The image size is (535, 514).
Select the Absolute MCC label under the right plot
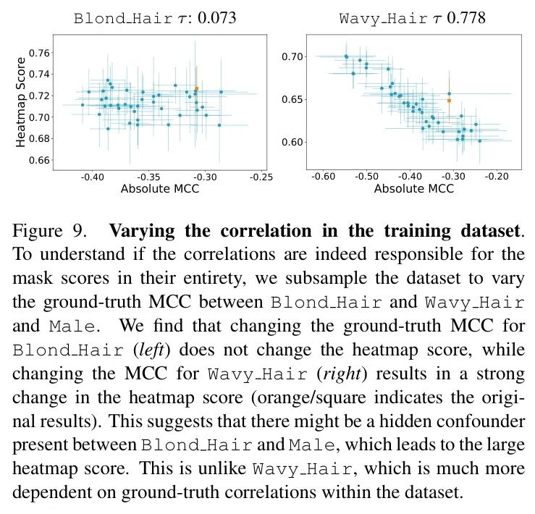coord(413,190)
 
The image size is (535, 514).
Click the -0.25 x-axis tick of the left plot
coord(262,176)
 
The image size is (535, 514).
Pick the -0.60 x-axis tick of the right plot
coord(322,176)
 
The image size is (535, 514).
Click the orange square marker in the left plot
coord(196,89)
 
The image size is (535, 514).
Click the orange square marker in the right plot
coord(449,100)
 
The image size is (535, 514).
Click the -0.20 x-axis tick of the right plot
coord(497,176)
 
